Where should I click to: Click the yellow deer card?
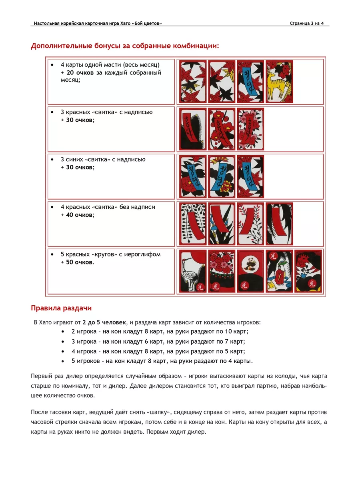(x=279, y=81)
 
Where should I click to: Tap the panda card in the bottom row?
(x=250, y=271)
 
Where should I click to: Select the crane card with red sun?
(x=193, y=271)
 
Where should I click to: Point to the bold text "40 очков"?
(x=78, y=215)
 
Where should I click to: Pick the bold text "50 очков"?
(x=78, y=262)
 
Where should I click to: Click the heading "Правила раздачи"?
(x=61, y=308)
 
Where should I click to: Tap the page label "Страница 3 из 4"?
(x=307, y=24)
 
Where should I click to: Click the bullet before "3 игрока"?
(x=64, y=342)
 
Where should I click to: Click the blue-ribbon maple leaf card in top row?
(x=250, y=81)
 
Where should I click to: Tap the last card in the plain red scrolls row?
(x=279, y=224)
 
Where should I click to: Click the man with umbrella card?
(x=279, y=271)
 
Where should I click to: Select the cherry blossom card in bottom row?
(x=222, y=271)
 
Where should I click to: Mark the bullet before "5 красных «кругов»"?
(x=52, y=254)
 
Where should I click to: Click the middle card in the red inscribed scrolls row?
(x=222, y=129)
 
